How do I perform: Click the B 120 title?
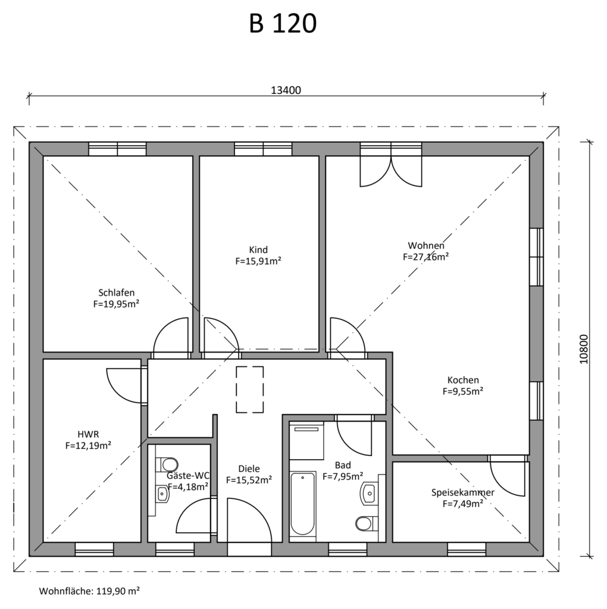283,23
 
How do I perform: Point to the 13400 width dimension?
286,90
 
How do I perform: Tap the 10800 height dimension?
584,349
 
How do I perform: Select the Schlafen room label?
116,293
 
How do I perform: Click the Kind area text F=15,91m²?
258,261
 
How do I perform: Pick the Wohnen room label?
426,246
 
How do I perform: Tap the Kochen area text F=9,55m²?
463,391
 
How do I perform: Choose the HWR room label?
88,434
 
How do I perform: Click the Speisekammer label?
463,492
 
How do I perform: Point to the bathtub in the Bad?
303,503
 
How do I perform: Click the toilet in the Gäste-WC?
167,464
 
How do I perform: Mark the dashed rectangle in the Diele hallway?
250,389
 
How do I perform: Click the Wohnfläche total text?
89,591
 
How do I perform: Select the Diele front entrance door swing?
249,520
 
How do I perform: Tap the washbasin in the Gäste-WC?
162,494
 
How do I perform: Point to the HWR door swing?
125,385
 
